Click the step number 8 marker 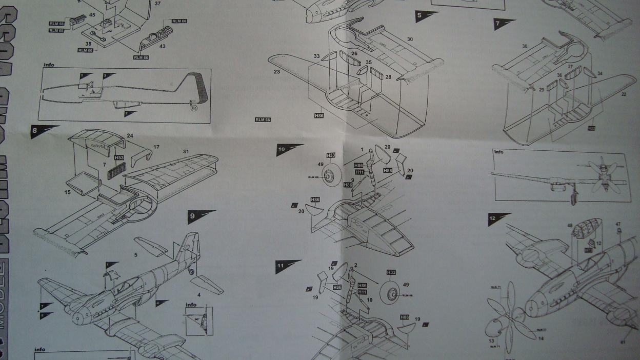pyautogui.click(x=35, y=130)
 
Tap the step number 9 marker pyautogui.click(x=192, y=216)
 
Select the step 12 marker pyautogui.click(x=492, y=218)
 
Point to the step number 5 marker pyautogui.click(x=419, y=15)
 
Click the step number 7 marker pyautogui.click(x=497, y=24)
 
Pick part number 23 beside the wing pyautogui.click(x=277, y=72)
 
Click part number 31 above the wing pyautogui.click(x=186, y=151)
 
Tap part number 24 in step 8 pyautogui.click(x=130, y=136)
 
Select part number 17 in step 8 pyautogui.click(x=156, y=147)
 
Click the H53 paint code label pyautogui.click(x=119, y=158)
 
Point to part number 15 pyautogui.click(x=68, y=192)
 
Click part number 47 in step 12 pyautogui.click(x=618, y=224)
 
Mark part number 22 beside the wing pyautogui.click(x=624, y=94)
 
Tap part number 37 pyautogui.click(x=157, y=4)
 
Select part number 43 pyautogui.click(x=162, y=46)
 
